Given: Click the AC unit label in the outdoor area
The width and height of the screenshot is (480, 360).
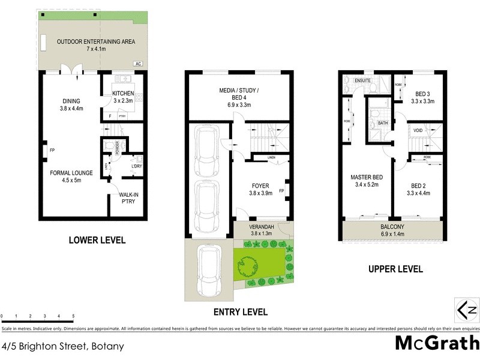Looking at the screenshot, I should tap(138, 64).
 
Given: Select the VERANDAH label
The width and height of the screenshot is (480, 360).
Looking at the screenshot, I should tap(261, 230).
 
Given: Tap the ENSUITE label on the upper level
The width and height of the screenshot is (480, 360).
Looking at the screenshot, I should tap(363, 79).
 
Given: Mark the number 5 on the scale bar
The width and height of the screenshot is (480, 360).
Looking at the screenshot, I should tap(73, 316).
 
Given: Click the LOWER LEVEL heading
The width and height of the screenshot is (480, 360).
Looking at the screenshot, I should tap(97, 241).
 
